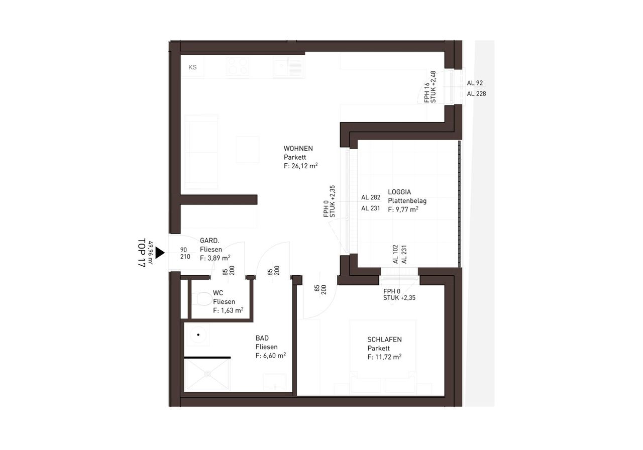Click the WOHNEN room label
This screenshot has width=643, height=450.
click(x=298, y=149)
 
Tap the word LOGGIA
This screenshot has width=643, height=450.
click(x=399, y=192)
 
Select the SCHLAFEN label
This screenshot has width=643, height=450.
click(x=384, y=340)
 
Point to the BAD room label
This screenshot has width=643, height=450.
click(x=262, y=338)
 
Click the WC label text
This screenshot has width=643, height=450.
click(x=218, y=293)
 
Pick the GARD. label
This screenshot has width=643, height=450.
click(x=209, y=241)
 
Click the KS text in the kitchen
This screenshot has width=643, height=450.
click(x=192, y=67)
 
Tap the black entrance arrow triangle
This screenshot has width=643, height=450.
click(x=160, y=253)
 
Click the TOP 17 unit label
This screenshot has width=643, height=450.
click(x=142, y=253)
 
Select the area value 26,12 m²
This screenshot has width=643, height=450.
click(x=304, y=166)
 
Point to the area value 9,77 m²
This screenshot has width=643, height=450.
click(x=407, y=209)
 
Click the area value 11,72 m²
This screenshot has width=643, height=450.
click(x=388, y=357)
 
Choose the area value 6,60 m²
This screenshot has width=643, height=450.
click(x=274, y=356)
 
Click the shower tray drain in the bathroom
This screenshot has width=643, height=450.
click(x=207, y=374)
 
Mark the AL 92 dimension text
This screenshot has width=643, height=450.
click(x=475, y=83)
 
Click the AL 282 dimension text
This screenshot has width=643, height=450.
click(x=371, y=197)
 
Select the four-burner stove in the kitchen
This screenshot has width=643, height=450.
click(x=238, y=67)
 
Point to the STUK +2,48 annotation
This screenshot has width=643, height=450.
click(x=433, y=87)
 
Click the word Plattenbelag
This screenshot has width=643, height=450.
click(x=407, y=200)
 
